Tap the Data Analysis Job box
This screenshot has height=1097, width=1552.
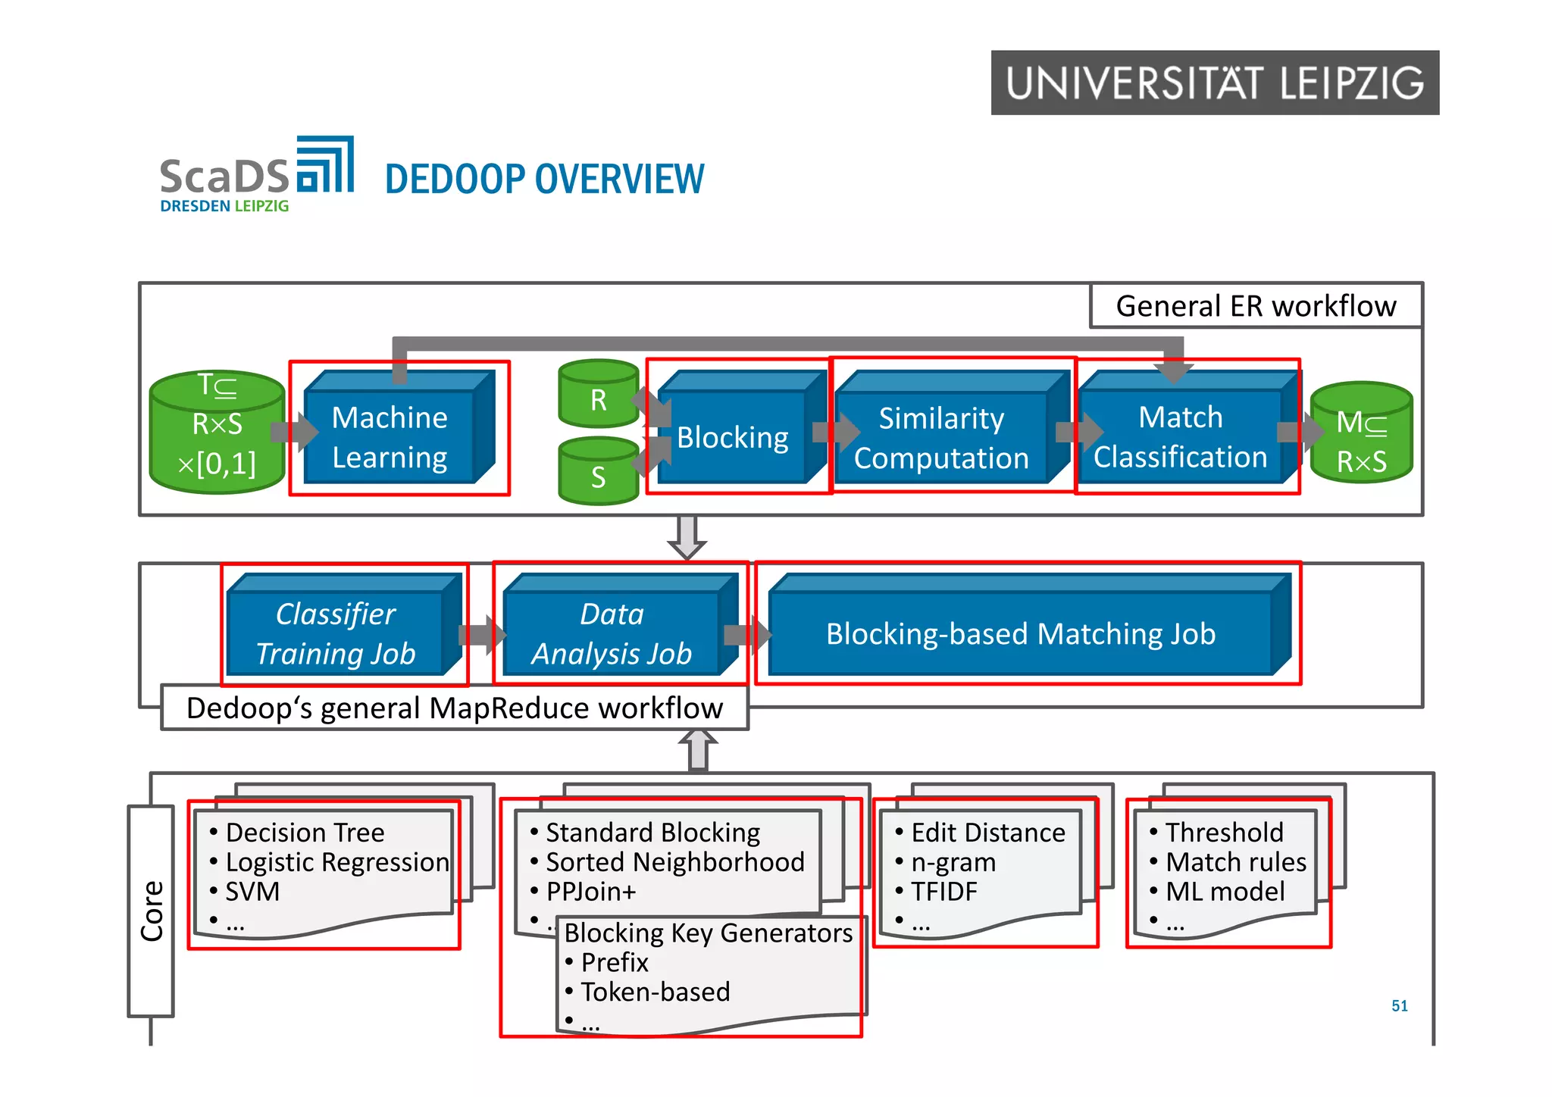[612, 633]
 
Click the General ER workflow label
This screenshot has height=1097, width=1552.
[1256, 306]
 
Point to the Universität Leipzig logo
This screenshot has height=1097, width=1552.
[1214, 83]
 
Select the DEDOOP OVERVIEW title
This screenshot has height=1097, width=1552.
[544, 180]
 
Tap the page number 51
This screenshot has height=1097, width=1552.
[1399, 1006]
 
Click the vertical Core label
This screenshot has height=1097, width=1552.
[152, 911]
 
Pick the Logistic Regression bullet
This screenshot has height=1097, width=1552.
[336, 862]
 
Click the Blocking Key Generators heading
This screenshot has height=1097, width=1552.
[708, 933]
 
